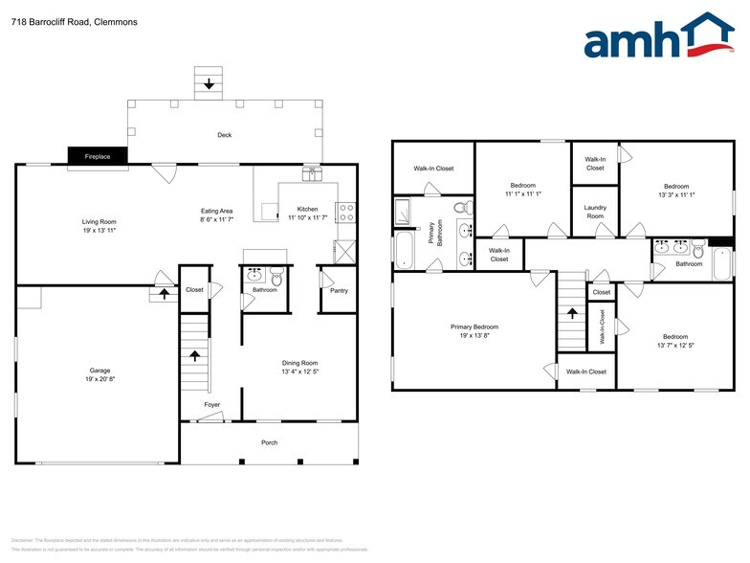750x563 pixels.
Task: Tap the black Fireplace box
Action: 98,156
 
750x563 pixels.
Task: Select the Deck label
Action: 224,135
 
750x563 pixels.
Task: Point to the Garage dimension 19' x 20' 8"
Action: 99,378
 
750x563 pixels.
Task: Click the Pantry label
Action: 339,291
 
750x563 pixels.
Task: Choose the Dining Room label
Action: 300,363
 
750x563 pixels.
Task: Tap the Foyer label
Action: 211,405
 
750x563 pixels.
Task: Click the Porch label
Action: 270,442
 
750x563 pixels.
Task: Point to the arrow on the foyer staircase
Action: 195,356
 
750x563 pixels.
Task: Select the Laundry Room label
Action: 595,212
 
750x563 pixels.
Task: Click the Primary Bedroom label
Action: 474,327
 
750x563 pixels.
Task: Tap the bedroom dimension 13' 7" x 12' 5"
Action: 675,346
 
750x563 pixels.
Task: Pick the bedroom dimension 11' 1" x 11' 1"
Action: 522,194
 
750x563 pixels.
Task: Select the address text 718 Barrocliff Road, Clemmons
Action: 61,21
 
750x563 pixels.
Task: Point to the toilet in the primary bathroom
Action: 461,207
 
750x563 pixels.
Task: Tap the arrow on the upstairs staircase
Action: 572,312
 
